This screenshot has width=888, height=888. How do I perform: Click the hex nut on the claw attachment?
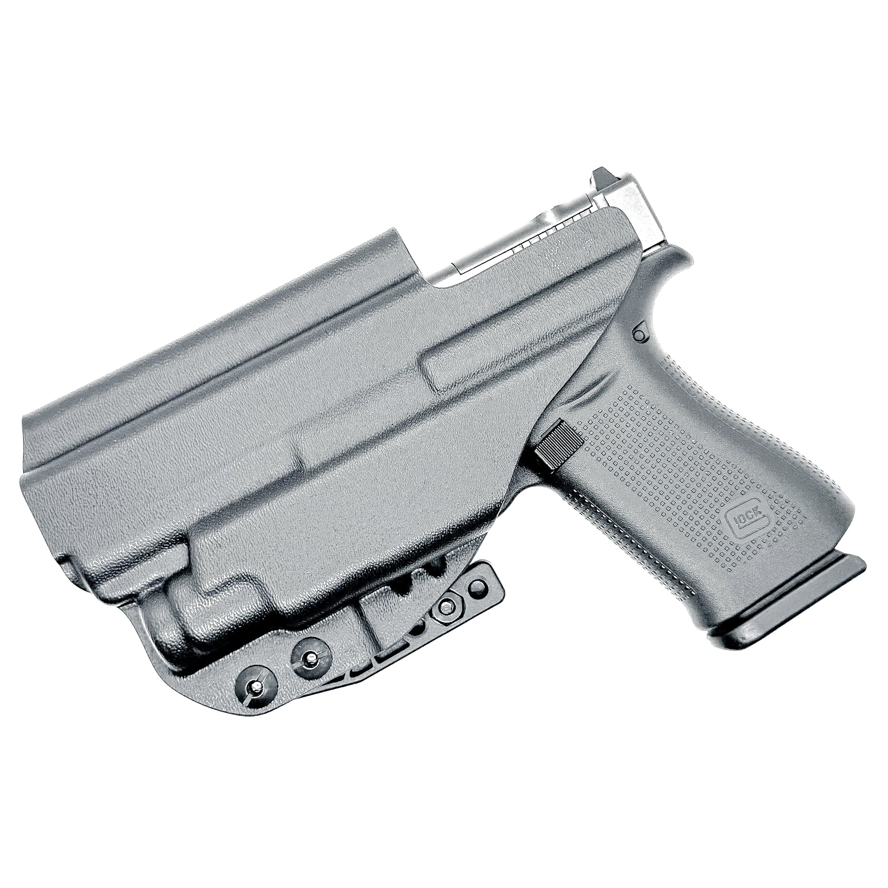coord(445,608)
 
